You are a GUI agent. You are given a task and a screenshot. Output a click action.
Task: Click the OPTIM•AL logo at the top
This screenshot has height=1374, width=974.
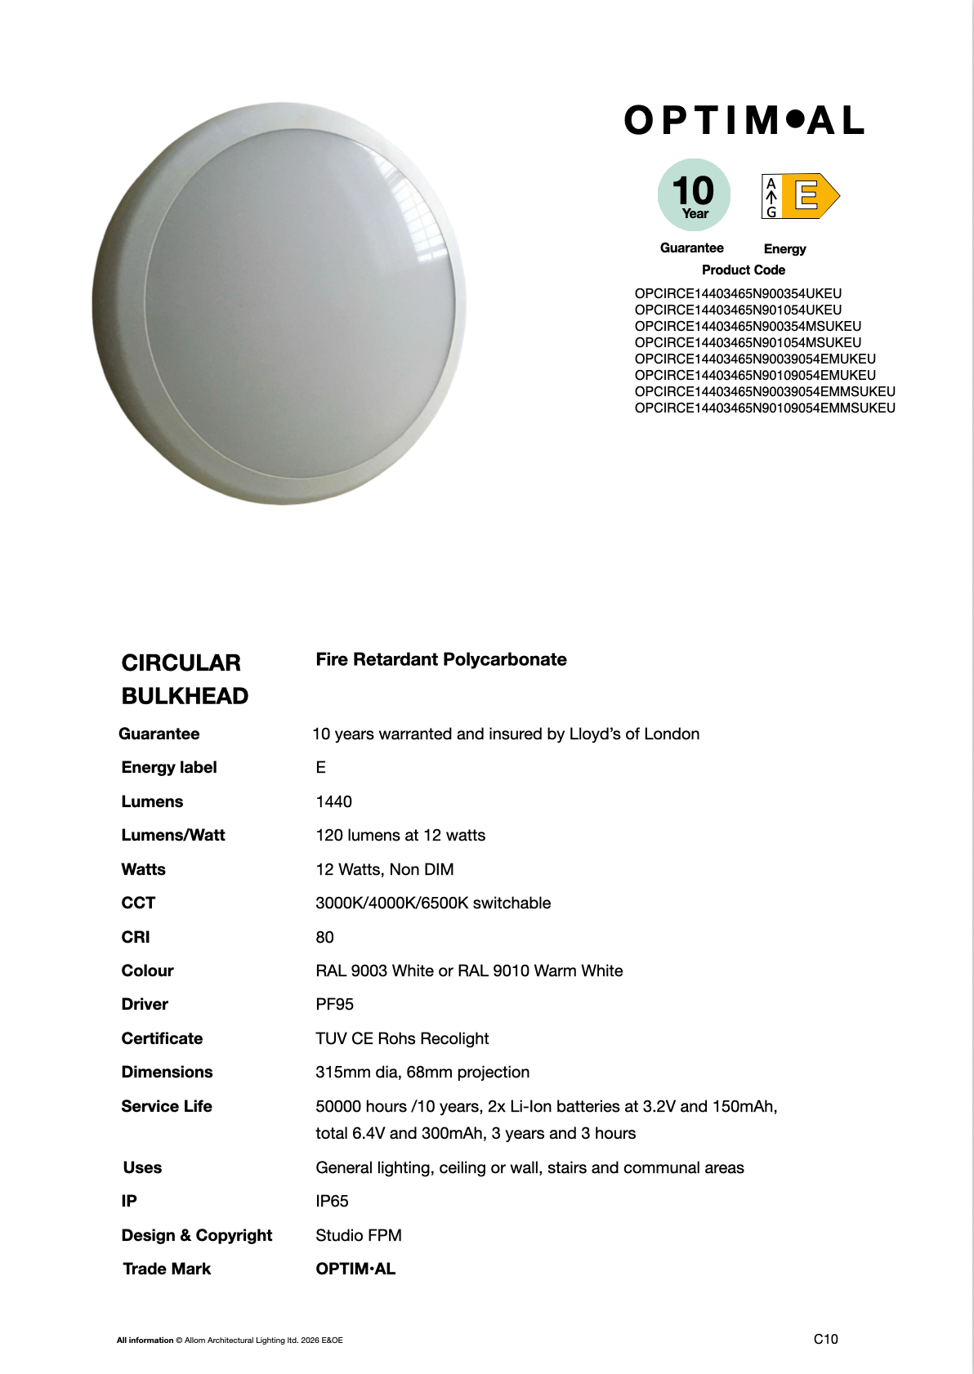pyautogui.click(x=744, y=121)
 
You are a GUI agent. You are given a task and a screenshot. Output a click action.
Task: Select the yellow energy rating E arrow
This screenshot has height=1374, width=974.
pyautogui.click(x=809, y=196)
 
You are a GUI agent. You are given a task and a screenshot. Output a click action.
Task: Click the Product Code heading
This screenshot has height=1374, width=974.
pyautogui.click(x=743, y=270)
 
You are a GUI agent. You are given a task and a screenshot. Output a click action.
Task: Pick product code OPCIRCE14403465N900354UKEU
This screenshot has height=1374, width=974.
pyautogui.click(x=738, y=293)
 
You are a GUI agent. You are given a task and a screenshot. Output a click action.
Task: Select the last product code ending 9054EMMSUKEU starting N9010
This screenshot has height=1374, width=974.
pyautogui.click(x=765, y=408)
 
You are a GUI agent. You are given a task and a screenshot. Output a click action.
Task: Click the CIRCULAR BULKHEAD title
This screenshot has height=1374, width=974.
pyautogui.click(x=185, y=679)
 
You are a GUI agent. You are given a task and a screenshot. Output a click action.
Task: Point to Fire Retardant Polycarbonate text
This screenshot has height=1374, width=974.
pyautogui.click(x=441, y=659)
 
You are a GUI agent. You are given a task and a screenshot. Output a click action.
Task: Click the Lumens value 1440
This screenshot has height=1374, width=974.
pyautogui.click(x=333, y=801)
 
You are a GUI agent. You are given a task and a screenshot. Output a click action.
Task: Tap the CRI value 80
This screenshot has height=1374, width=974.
pyautogui.click(x=324, y=937)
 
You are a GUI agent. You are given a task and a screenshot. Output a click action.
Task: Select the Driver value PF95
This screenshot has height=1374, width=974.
pyautogui.click(x=334, y=1004)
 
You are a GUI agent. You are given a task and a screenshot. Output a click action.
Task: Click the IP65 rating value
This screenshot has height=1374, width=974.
pyautogui.click(x=332, y=1201)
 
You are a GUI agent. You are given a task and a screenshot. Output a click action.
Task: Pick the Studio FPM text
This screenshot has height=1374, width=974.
pyautogui.click(x=359, y=1235)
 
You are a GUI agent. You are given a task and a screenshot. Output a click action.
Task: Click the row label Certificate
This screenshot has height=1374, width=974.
pyautogui.click(x=162, y=1038)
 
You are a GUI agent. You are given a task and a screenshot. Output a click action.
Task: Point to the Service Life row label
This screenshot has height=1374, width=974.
pyautogui.click(x=167, y=1106)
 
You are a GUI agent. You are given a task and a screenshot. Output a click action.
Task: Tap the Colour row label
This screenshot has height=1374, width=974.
pyautogui.click(x=147, y=970)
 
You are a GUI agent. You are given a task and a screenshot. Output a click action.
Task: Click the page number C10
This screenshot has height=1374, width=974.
pyautogui.click(x=825, y=1339)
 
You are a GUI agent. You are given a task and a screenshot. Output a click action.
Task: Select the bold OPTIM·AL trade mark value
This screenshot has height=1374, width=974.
pyautogui.click(x=355, y=1269)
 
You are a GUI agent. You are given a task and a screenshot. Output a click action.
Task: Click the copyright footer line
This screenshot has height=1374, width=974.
pyautogui.click(x=230, y=1340)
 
